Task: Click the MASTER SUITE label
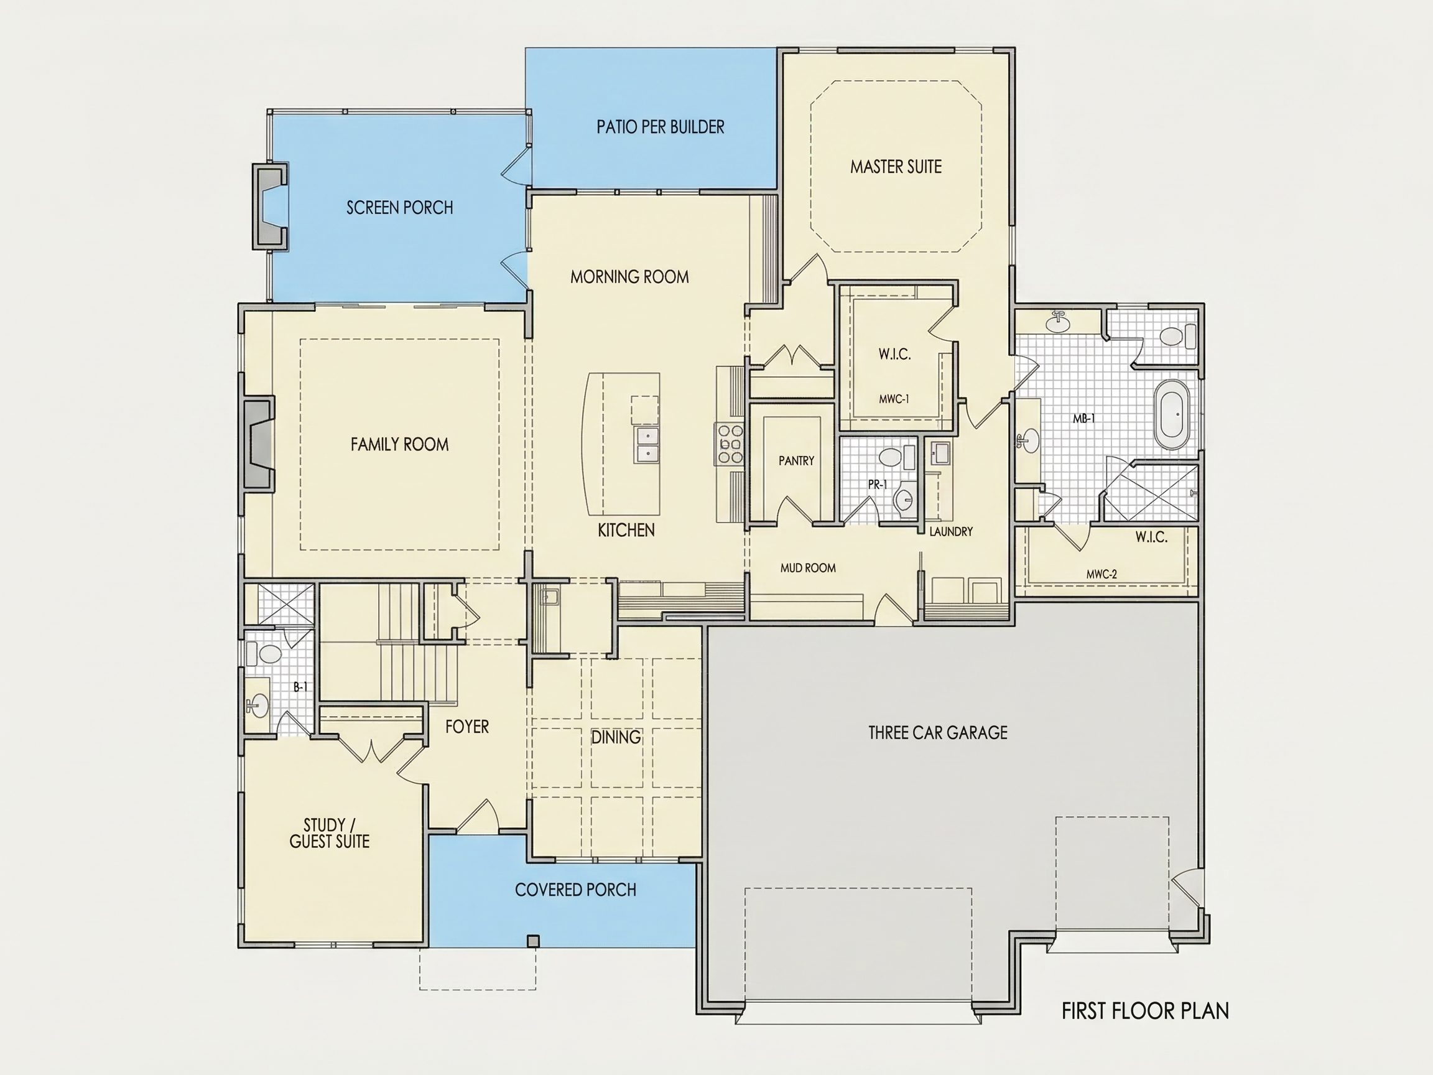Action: (x=896, y=167)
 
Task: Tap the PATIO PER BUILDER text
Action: (x=660, y=126)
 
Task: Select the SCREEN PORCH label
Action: (x=400, y=207)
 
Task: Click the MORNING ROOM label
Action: (x=629, y=277)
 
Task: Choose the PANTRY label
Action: (x=796, y=461)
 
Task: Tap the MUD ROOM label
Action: (x=808, y=567)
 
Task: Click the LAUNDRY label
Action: (x=951, y=531)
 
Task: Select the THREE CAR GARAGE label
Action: (x=937, y=732)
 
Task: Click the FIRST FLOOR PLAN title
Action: (x=1144, y=1011)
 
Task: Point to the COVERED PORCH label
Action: (x=575, y=890)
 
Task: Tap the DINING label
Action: (x=616, y=737)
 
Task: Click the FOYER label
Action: (x=467, y=727)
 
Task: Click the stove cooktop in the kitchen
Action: (x=730, y=444)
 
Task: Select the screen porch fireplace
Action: (x=270, y=206)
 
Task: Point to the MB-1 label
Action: (x=1084, y=419)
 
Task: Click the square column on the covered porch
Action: (x=532, y=941)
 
